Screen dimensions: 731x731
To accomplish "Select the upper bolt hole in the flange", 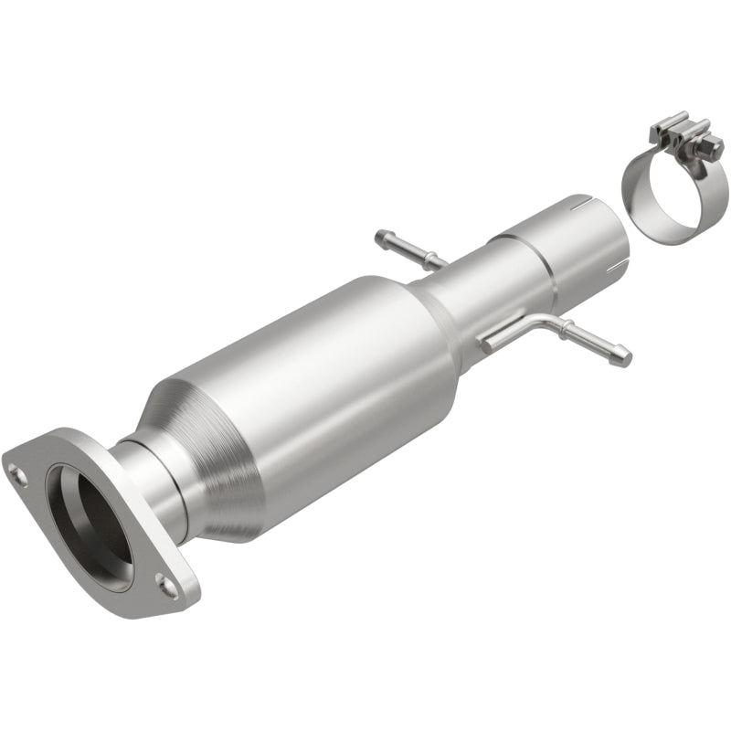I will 17,472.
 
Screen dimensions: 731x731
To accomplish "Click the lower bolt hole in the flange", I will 165,580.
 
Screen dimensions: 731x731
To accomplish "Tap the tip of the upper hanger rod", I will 380,238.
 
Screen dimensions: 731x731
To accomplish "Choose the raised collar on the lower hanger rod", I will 569,332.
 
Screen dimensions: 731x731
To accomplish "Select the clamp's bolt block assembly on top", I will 676,137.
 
